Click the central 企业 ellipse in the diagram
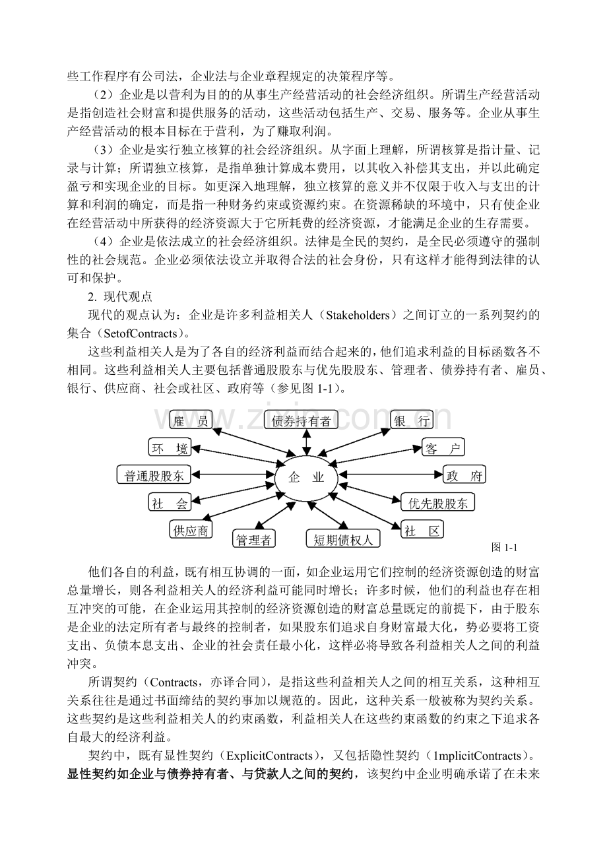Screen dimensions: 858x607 (x=306, y=477)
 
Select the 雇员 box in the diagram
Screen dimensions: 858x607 (x=191, y=420)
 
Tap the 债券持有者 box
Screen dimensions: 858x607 (x=301, y=420)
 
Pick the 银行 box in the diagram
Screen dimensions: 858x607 (x=412, y=420)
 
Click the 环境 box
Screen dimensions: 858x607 (x=170, y=449)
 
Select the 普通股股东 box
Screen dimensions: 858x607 (x=154, y=475)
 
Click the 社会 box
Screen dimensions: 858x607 (x=170, y=503)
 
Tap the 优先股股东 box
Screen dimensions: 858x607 (x=438, y=503)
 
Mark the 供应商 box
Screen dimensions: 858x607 (x=191, y=530)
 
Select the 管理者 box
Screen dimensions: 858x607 (x=254, y=540)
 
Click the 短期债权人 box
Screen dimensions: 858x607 (x=342, y=540)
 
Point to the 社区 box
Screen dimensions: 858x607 (x=423, y=530)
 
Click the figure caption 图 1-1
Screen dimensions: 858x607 (x=505, y=547)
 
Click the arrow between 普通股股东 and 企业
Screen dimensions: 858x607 (x=231, y=475)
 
